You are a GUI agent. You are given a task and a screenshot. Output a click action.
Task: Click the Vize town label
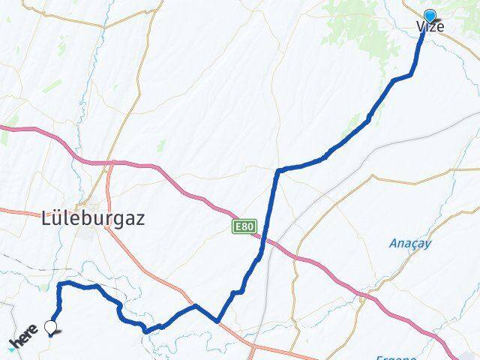coord(430,27)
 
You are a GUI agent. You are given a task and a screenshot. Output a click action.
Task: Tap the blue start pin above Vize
coord(430,16)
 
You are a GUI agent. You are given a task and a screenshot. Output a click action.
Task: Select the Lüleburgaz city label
coord(92,219)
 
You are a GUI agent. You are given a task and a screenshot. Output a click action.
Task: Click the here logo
coord(22,338)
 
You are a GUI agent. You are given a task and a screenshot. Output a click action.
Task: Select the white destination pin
coord(51,327)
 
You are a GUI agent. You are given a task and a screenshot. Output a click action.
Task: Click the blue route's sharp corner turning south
coord(279,171)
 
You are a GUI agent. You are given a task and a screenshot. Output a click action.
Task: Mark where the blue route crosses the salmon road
coord(217,321)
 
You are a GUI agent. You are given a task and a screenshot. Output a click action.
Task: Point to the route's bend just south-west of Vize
coord(411,73)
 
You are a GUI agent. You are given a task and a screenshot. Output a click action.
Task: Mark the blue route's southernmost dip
coord(146,330)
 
